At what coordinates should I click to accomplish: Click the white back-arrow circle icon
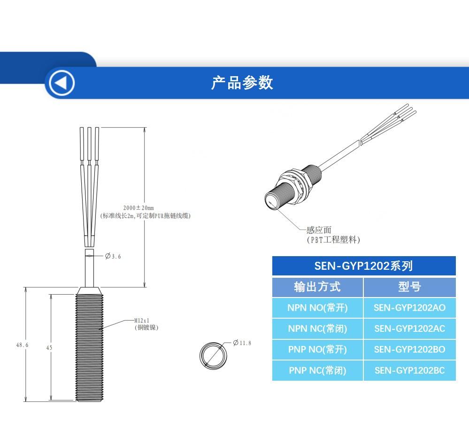point(61,83)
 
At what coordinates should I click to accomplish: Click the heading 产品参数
point(242,83)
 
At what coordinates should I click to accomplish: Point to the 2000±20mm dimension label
point(138,208)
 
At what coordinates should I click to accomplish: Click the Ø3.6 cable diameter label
point(113,256)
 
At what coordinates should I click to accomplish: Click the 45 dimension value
point(49,348)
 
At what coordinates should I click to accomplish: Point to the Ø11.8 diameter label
point(242,343)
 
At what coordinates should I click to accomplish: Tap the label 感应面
point(319,230)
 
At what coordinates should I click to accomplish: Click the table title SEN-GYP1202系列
point(363,266)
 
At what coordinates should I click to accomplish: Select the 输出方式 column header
point(317,287)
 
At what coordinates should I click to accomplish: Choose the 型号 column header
point(409,287)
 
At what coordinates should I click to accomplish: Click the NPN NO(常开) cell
point(317,308)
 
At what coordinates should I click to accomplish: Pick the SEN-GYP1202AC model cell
point(409,328)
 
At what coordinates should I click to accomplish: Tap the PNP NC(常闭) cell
point(317,370)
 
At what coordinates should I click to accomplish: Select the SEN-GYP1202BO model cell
point(409,349)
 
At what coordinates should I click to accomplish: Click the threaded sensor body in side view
point(89,348)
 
